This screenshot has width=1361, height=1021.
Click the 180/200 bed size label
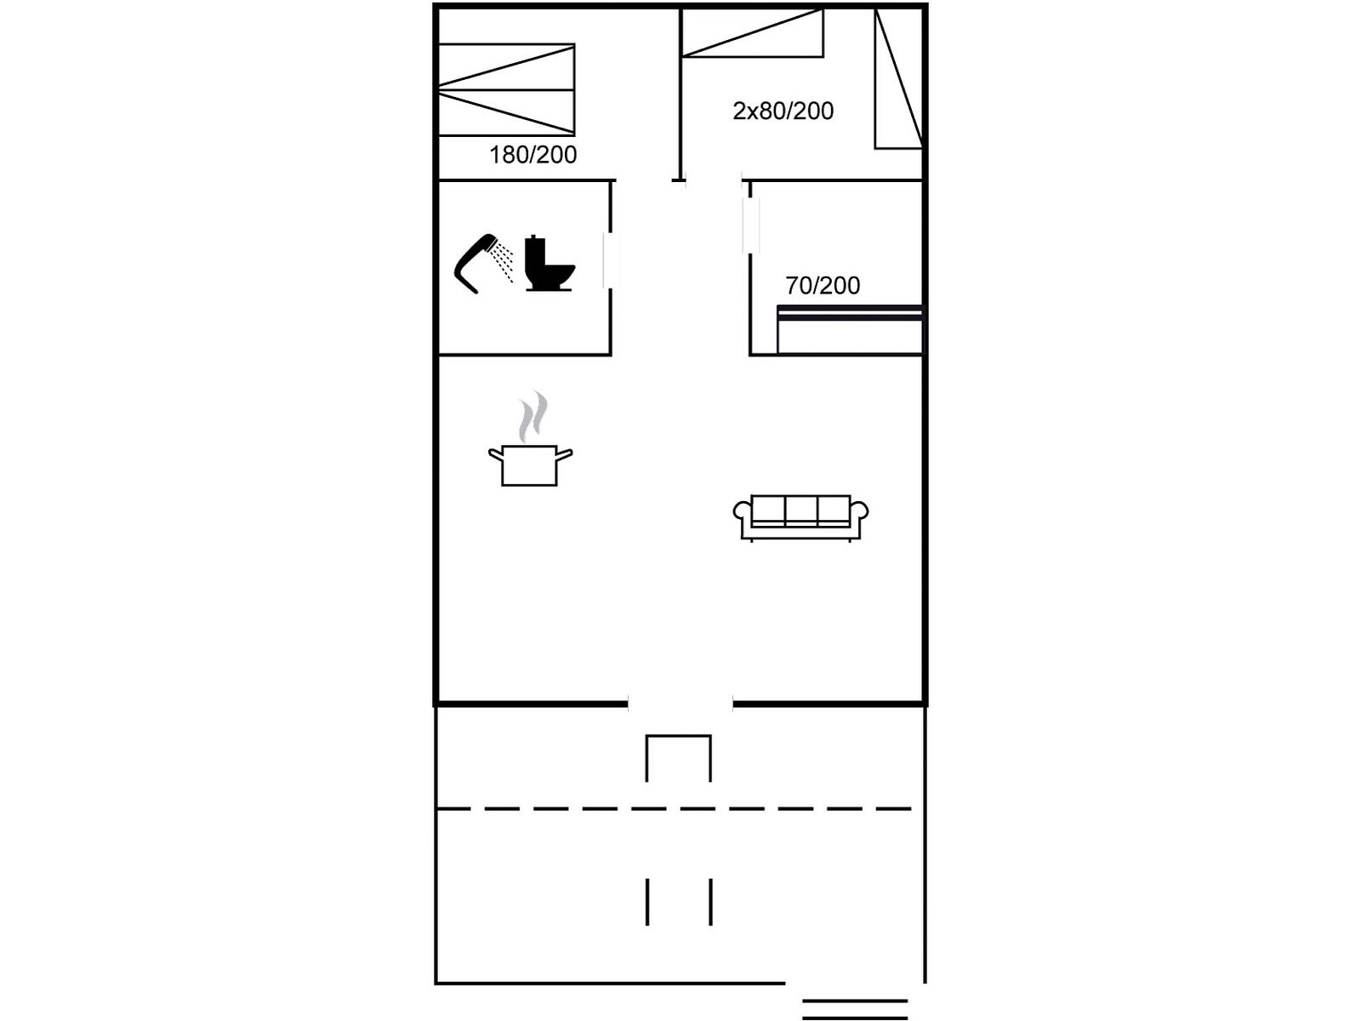pyautogui.click(x=532, y=155)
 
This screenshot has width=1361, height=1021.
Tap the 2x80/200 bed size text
pyautogui.click(x=783, y=111)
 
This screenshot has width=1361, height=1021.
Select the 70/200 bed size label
pyautogui.click(x=823, y=285)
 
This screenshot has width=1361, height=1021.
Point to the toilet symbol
pyautogui.click(x=550, y=264)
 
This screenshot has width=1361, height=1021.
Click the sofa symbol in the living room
pyautogui.click(x=800, y=517)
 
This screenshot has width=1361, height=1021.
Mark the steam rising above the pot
pyautogui.click(x=533, y=417)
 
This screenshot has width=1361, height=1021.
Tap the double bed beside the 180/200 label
pyautogui.click(x=507, y=90)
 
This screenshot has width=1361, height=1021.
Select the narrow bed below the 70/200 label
pyautogui.click(x=850, y=330)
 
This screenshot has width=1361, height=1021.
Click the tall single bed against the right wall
pyautogui.click(x=898, y=79)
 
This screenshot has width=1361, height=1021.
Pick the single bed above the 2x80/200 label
pyautogui.click(x=752, y=33)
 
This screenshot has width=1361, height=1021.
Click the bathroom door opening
pyautogui.click(x=611, y=260)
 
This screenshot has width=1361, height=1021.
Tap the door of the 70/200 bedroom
pyautogui.click(x=751, y=225)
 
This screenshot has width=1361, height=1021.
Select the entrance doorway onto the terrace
pyautogui.click(x=680, y=704)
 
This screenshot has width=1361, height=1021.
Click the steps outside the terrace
pyautogui.click(x=855, y=1008)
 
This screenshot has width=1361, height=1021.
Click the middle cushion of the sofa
pyautogui.click(x=801, y=510)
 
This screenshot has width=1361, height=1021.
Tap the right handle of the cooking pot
pyautogui.click(x=564, y=456)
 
